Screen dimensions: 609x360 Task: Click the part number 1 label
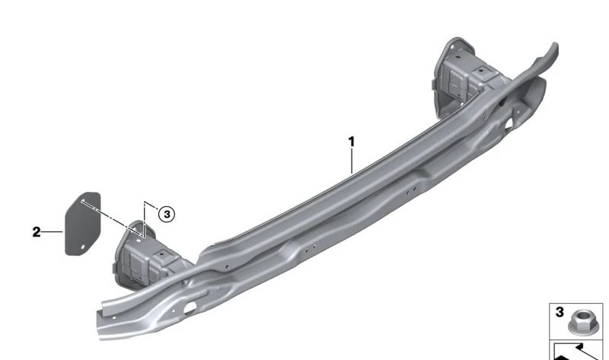tap(352, 142)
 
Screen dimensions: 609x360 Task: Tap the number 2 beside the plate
tap(36, 232)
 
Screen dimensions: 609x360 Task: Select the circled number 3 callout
tap(167, 215)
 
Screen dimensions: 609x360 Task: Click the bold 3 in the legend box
tap(560, 312)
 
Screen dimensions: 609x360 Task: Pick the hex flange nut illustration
tap(579, 323)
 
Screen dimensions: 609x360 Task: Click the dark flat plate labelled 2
tap(82, 224)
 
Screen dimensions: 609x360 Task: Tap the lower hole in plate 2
tap(82, 247)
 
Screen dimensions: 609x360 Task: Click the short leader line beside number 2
tap(52, 232)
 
